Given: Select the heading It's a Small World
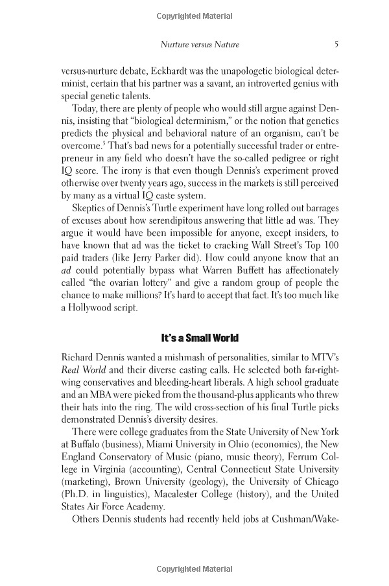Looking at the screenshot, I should tap(200, 338).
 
